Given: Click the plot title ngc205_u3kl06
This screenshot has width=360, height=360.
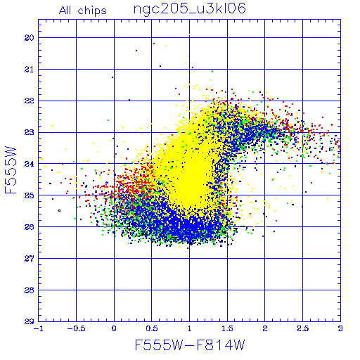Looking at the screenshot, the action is click(190, 9).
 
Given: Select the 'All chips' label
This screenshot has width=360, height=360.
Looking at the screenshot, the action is click(83, 11).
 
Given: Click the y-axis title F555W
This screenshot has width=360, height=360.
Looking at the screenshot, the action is click(11, 170).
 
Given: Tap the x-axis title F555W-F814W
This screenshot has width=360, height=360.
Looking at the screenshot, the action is click(190, 345).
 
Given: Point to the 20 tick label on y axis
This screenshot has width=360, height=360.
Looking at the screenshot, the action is click(29, 38).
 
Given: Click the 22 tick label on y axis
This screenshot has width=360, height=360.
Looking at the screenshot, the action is click(29, 101).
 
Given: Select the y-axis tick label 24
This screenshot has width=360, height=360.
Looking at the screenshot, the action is click(29, 164).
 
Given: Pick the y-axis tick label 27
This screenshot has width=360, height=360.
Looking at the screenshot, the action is click(29, 259).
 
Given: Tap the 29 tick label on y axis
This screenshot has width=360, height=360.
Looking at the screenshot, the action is click(29, 321).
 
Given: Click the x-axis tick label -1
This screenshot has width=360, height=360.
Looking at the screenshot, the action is click(38, 328).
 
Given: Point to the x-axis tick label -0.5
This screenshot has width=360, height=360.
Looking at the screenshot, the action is click(76, 328).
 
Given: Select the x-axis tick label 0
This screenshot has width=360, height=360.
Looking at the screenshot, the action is click(114, 328).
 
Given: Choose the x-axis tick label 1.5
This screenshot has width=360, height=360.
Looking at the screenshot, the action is click(227, 328).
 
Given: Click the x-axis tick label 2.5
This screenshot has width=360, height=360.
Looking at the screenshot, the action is click(303, 328).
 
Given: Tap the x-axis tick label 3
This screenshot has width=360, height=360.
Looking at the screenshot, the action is click(340, 328).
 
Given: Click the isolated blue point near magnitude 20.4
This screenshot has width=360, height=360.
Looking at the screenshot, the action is click(136, 51).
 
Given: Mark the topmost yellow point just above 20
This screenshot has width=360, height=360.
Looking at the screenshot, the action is click(189, 34).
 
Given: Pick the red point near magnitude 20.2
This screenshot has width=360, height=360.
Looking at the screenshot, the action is click(154, 44).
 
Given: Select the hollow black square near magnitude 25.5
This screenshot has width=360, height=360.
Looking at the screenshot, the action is click(60, 211).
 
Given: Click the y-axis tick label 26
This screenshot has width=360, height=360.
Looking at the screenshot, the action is click(29, 227).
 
